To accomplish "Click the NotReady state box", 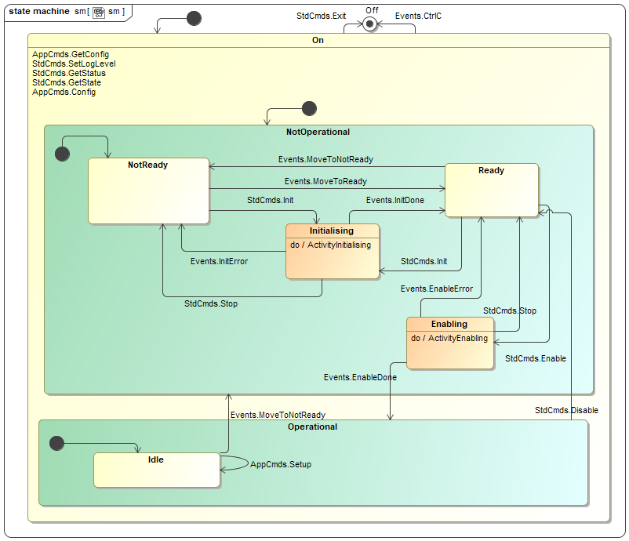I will click(148, 191).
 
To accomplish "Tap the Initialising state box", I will click(332, 252).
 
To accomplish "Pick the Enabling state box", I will click(449, 343).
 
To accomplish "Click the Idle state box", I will click(156, 470).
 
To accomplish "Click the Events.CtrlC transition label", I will click(418, 16).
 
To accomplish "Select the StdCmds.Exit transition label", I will click(321, 16).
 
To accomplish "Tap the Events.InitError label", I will click(219, 261).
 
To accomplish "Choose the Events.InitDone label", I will click(395, 200).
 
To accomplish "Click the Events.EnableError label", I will click(437, 289).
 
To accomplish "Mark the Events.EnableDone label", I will click(360, 377).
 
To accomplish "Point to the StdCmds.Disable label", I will click(566, 410).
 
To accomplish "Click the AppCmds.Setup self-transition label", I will click(281, 464).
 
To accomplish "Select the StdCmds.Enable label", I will click(536, 358).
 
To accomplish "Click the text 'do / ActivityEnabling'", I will click(449, 338).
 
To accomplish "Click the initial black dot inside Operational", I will click(56, 443).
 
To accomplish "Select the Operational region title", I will click(312, 427).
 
